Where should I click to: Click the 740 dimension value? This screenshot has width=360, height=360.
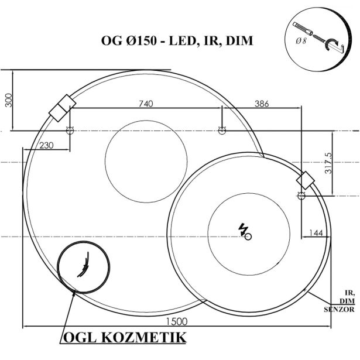tap(146, 104)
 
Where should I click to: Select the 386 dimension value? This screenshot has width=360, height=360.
tap(262, 104)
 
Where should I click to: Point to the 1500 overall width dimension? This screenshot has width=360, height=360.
tap(176, 321)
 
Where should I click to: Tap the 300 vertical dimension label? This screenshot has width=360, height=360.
tap(8, 101)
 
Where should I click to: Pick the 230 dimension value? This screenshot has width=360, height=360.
tap(48, 145)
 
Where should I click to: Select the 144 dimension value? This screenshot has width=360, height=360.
tap(316, 233)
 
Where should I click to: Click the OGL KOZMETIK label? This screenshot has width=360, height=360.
tap(124, 338)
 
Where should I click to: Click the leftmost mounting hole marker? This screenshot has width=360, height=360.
tap(70, 131)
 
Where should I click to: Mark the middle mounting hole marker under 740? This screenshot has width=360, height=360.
tap(221, 130)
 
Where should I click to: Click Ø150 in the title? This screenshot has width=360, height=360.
tap(142, 42)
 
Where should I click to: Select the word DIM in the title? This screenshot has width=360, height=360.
tap(240, 42)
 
